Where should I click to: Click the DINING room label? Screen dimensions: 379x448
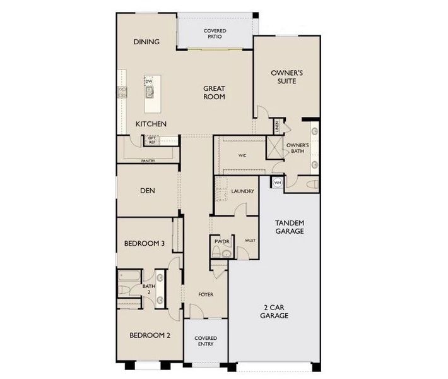coord(146,42)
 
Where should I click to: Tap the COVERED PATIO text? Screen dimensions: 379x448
coord(215,34)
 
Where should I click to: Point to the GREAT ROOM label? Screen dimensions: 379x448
coord(215,93)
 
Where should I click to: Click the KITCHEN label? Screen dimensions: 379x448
coord(151,124)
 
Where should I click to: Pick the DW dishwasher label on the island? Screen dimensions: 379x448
coord(150,82)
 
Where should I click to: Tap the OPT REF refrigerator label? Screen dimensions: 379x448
coord(152,140)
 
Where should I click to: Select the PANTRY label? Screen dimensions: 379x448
coord(148,161)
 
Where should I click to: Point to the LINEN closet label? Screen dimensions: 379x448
coord(276,126)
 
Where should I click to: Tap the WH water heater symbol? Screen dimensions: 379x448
coord(276,183)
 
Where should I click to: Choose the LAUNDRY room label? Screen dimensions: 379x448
coord(242,191)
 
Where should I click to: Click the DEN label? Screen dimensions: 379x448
coord(148,190)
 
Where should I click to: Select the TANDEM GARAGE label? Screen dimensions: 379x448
coord(290,227)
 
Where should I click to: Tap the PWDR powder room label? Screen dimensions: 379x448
coord(220,241)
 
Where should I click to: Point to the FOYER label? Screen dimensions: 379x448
coord(205,294)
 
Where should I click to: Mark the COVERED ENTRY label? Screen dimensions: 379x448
coord(206,341)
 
